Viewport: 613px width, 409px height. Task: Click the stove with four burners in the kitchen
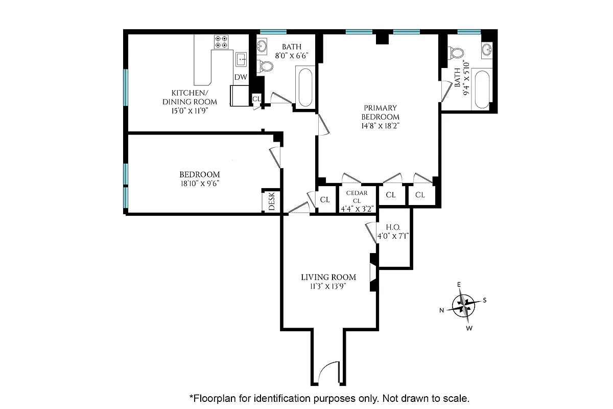(x=221, y=41)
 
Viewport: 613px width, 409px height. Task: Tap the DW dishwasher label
(x=241, y=77)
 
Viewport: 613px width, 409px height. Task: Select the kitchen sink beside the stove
(x=242, y=59)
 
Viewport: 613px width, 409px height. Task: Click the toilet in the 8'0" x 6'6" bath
(x=265, y=66)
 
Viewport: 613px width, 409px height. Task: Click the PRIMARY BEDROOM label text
(x=380, y=112)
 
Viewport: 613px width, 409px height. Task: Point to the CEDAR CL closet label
(x=358, y=196)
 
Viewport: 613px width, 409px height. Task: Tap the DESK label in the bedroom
(x=271, y=201)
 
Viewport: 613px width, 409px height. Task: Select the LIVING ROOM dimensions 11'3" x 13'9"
(x=328, y=286)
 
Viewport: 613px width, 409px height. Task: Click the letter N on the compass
(x=442, y=310)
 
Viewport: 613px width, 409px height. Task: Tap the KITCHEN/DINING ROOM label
(x=183, y=97)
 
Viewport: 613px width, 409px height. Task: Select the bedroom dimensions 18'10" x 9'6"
(x=199, y=183)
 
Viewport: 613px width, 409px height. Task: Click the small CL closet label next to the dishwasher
(x=256, y=98)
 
